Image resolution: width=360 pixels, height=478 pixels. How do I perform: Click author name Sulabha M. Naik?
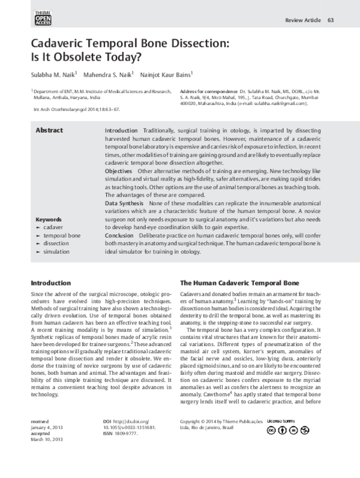(55, 76)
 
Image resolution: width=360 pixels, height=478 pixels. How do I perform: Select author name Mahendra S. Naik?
(112, 76)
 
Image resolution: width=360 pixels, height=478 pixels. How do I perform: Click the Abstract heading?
(49, 130)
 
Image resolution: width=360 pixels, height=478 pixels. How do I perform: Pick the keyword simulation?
(56, 252)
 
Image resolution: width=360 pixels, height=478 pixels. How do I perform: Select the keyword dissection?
(56, 243)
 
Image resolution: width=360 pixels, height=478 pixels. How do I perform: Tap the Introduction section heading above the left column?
(50, 283)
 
